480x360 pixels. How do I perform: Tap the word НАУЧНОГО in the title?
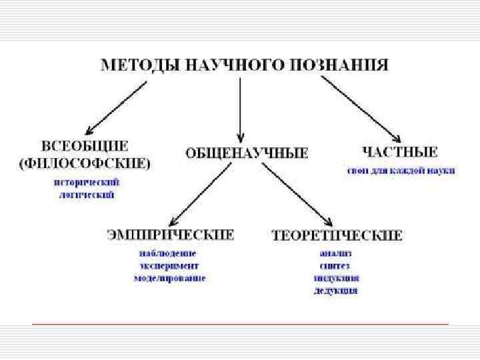pos(227,65)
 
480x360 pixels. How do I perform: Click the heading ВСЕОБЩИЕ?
pos(85,146)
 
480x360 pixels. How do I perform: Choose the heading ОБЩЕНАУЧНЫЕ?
pos(246,153)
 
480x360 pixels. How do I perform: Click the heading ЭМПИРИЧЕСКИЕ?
pos(171,235)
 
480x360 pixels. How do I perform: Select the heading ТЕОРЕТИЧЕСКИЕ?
pos(337,235)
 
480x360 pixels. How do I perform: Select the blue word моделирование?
pos(169,277)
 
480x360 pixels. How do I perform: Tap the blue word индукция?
pos(336,278)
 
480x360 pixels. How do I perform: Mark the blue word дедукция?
pos(336,290)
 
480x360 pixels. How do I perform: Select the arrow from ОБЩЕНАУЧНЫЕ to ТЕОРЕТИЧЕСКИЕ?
pos(296,194)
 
